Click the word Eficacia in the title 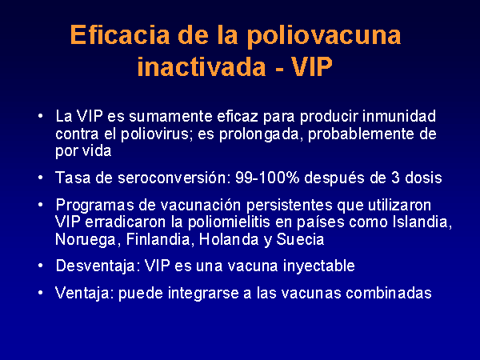120,34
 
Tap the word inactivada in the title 202,66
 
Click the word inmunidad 399,116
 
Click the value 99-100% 267,178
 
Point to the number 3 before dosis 395,178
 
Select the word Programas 95,206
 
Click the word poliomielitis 229,222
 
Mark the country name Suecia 300,239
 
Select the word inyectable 319,266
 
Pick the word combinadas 389,293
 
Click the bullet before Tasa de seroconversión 41,178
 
